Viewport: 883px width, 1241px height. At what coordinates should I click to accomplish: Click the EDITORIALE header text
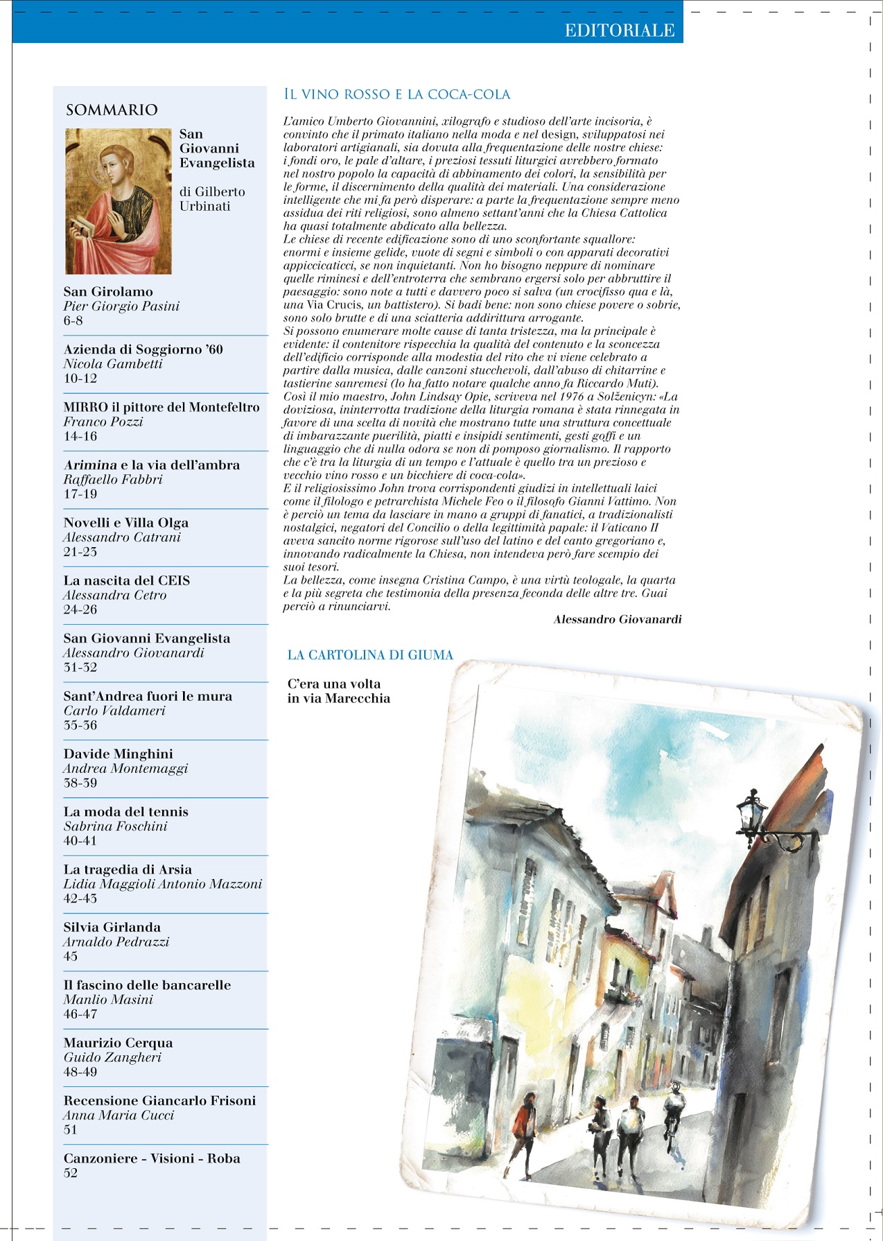(x=619, y=31)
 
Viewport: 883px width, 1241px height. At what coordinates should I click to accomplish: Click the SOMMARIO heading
(x=112, y=110)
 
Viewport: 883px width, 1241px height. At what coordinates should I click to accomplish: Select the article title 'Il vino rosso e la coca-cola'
(x=397, y=94)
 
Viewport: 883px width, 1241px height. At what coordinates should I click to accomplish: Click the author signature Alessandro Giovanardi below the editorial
(x=617, y=619)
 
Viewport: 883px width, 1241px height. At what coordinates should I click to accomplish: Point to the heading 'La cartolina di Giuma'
(x=370, y=655)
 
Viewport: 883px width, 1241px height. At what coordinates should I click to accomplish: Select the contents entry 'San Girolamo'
(x=108, y=292)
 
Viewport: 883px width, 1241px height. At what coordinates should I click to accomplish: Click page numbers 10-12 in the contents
(x=80, y=379)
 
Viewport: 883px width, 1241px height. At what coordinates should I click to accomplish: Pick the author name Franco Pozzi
(x=103, y=422)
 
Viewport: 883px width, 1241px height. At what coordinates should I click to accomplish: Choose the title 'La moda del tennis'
(x=126, y=812)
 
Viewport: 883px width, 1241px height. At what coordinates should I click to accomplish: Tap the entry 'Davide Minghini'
(x=119, y=754)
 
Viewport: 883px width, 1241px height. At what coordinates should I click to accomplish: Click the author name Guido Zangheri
(x=112, y=1057)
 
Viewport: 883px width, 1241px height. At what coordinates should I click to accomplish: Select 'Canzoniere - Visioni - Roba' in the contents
(x=152, y=1158)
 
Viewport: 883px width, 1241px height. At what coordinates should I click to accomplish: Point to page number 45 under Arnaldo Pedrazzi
(x=71, y=957)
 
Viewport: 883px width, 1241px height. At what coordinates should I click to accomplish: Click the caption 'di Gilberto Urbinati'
(x=212, y=199)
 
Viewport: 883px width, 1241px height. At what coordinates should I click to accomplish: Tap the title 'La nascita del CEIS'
(x=127, y=580)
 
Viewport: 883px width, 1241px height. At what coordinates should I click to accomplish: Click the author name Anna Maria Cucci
(x=119, y=1115)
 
